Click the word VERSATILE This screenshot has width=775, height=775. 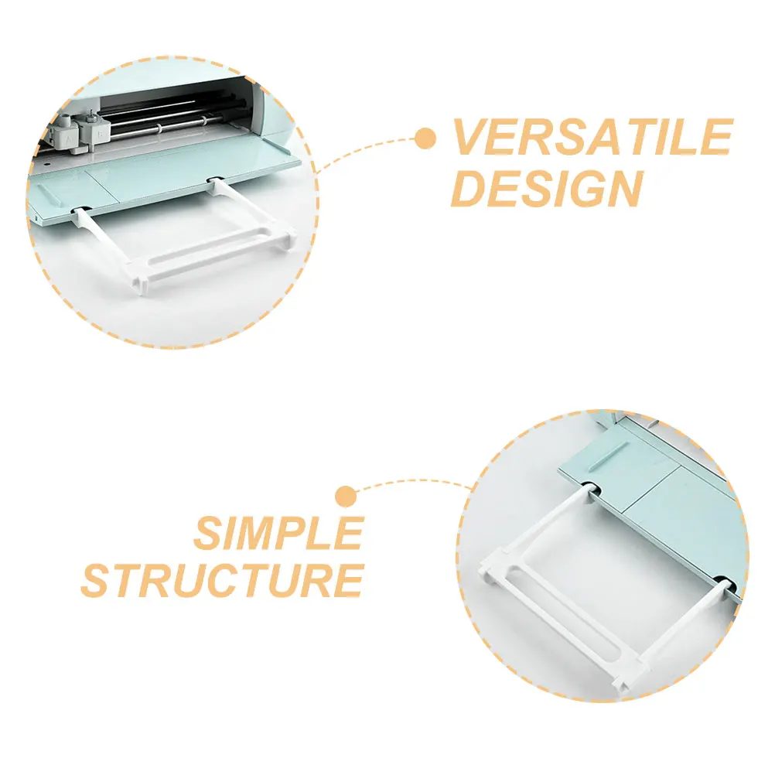592,138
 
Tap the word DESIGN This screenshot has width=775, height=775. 546,188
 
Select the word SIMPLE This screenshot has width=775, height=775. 278,532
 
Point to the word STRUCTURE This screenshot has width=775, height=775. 222,579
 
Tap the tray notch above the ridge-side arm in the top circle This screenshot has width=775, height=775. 80,210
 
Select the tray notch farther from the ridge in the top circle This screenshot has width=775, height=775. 214,183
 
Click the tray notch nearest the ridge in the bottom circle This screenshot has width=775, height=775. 590,488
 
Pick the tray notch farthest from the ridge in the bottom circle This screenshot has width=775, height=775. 721,580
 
